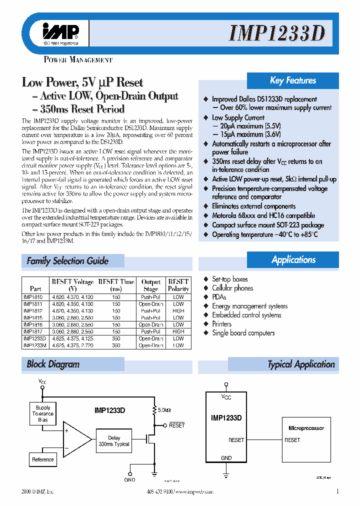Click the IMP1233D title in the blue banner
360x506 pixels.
277,33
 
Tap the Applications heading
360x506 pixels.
293,259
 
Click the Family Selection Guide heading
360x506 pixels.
67,260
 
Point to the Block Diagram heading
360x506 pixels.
53,364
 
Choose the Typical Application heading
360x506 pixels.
301,364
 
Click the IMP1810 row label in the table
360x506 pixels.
33,297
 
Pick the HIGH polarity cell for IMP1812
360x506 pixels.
178,310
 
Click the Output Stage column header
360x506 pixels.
150,285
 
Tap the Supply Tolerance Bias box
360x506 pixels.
43,413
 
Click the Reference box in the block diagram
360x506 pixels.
43,459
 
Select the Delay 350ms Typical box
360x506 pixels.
114,441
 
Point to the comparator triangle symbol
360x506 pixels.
75,438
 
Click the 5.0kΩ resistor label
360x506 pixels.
164,410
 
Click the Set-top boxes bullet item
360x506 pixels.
229,279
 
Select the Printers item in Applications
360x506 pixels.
221,324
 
